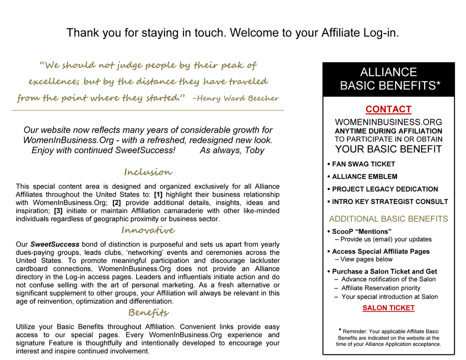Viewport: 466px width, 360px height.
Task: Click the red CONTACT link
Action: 388,109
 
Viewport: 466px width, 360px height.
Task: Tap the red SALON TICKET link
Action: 388,308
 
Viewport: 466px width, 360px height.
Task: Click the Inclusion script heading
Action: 148,172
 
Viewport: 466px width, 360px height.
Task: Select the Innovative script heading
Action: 148,230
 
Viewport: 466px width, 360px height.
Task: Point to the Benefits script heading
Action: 148,312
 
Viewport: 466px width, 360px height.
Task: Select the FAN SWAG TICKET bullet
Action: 363,164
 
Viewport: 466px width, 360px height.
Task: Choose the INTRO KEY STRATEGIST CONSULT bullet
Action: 390,202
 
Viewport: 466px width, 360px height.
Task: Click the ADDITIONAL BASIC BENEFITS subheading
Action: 388,219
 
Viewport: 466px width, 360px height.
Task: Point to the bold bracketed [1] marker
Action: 158,195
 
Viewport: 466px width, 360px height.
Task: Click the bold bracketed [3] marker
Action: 59,211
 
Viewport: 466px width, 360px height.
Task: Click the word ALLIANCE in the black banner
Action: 388,72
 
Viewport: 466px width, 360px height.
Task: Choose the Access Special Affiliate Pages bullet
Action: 381,251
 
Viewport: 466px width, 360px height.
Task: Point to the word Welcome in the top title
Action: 251,33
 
